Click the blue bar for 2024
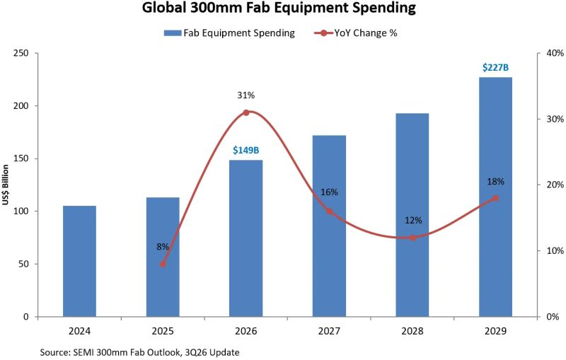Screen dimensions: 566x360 point(79,261)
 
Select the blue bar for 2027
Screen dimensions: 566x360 point(329,226)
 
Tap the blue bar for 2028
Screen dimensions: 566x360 point(412,215)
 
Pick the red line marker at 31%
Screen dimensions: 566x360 point(246,112)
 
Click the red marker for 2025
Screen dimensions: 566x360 point(163,264)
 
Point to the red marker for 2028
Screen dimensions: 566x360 point(412,238)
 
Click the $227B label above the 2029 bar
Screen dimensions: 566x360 point(495,67)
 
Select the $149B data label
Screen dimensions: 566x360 point(246,150)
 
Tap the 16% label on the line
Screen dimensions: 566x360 point(329,192)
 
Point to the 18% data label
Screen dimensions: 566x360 point(496,182)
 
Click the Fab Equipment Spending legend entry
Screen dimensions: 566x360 point(229,33)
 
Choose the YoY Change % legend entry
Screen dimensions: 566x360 point(356,33)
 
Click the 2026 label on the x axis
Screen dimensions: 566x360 point(246,331)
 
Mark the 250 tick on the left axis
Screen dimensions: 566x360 point(21,53)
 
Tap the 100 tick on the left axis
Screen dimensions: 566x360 point(21,211)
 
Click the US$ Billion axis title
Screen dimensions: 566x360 point(5,185)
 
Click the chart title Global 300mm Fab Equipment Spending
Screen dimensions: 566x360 point(279,8)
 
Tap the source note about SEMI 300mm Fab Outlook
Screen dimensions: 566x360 point(139,352)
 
